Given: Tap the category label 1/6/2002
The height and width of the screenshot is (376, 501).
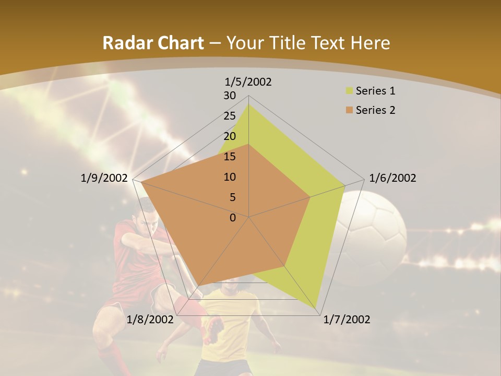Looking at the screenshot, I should tap(392, 178).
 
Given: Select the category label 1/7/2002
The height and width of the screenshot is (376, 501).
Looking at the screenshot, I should tap(347, 320).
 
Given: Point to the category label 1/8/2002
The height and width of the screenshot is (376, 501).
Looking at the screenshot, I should tap(150, 320).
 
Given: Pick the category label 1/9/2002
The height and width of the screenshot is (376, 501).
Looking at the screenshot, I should tap(104, 178).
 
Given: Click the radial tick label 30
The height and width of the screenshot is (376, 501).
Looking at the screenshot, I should tap(230, 96).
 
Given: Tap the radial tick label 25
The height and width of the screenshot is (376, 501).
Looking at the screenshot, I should tap(230, 116).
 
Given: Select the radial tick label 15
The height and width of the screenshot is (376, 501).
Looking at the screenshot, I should tap(230, 157).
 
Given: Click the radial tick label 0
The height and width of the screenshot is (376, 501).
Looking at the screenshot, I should tap(233, 218).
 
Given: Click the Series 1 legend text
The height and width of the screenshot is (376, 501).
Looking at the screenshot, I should tap(375, 91).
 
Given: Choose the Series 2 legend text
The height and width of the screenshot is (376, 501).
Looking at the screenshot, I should tap(375, 110).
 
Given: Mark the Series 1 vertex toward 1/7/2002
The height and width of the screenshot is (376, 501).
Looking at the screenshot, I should tap(317, 308).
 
